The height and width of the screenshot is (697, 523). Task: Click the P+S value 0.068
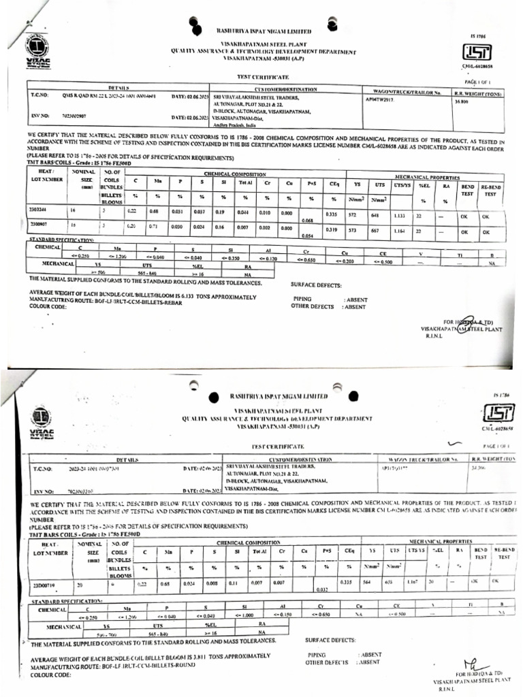pyautogui.click(x=307, y=220)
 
